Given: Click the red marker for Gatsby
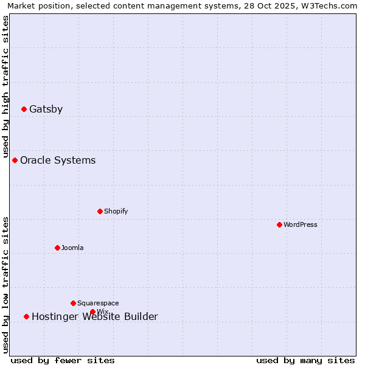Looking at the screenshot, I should coord(24,109).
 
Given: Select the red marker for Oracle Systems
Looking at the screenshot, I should coord(15,160).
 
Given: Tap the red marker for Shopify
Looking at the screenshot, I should coord(100,211).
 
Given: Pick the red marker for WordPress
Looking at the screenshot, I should coord(279,224).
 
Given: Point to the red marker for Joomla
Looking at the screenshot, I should coord(57,248).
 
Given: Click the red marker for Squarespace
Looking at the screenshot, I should coord(73,303).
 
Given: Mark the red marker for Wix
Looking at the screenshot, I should coord(92,311).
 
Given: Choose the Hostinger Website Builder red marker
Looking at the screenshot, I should coord(26,316).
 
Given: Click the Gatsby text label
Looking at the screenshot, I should coord(46,109).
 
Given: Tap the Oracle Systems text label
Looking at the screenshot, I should coord(58,161).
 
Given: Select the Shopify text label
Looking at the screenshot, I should coord(116,212).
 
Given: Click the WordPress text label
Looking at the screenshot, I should coord(301,225).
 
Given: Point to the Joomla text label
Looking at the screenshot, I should coord(72,248).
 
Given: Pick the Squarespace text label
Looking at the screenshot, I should coord(98,304).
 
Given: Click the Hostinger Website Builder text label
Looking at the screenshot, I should coord(94,317).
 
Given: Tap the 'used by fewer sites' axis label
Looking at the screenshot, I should coord(63,360).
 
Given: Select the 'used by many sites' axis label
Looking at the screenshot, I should coord(305,360).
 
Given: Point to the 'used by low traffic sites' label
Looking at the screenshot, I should coord(6,285).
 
